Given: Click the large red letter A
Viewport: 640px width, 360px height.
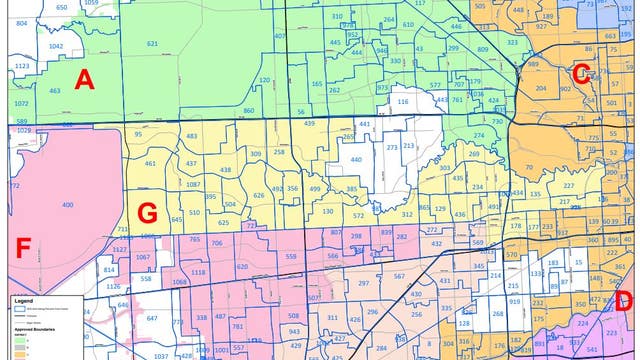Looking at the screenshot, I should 84,80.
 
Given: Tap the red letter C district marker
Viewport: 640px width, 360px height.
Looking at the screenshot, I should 581,72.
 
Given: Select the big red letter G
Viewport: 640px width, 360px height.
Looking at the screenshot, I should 147,213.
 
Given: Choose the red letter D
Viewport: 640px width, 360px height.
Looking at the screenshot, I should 624,301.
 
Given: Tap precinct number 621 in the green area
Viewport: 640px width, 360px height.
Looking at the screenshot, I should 152,44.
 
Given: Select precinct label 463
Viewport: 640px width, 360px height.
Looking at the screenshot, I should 54,91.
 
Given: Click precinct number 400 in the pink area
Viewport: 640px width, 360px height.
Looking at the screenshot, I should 67,205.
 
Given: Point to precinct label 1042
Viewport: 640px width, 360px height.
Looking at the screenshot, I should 56,46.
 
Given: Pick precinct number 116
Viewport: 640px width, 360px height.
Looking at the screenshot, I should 403,102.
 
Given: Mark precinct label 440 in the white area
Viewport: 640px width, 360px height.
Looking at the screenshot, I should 355,159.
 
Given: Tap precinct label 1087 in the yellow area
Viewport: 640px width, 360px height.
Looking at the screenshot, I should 193,185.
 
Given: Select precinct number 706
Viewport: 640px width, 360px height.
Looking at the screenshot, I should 216,243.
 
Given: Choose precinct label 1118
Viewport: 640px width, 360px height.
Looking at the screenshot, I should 198,272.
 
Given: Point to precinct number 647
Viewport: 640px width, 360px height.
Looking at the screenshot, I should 152,318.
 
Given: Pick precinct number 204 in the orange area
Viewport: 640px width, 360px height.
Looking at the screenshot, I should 540,88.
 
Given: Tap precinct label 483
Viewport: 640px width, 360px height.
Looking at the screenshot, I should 191,136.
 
